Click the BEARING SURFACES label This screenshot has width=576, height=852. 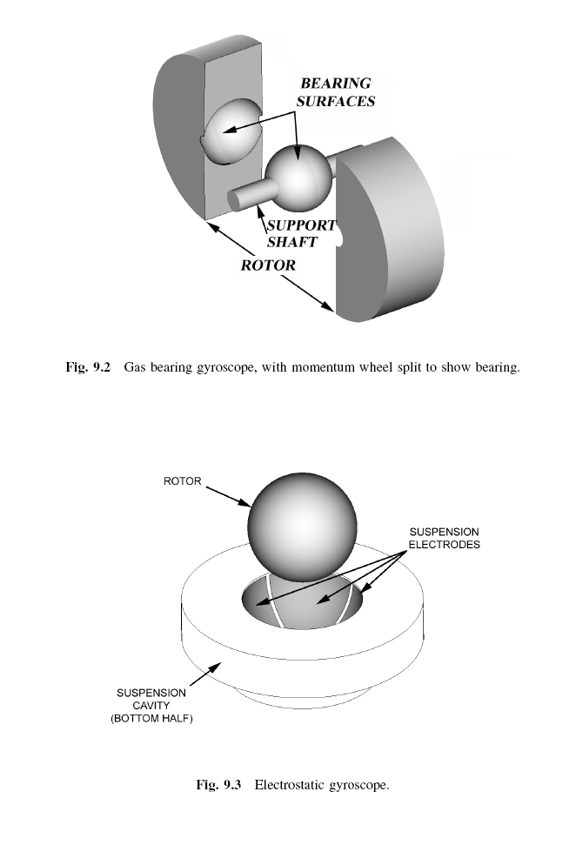(x=336, y=92)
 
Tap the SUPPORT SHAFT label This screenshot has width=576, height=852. (x=301, y=233)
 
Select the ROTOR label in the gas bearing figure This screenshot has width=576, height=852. (x=268, y=265)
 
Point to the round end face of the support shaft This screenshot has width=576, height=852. (x=235, y=200)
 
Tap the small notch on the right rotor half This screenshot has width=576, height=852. (x=340, y=238)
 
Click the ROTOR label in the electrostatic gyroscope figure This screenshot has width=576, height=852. (x=182, y=481)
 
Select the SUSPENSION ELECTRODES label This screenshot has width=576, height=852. (x=444, y=538)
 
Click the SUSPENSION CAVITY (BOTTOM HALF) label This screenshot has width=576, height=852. (x=151, y=705)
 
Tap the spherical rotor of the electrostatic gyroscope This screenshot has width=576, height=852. (x=303, y=524)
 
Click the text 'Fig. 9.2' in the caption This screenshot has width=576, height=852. (x=88, y=367)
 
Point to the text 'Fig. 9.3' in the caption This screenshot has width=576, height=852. (x=218, y=785)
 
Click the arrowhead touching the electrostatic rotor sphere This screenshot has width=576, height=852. (x=245, y=503)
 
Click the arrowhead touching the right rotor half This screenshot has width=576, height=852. (x=328, y=306)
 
